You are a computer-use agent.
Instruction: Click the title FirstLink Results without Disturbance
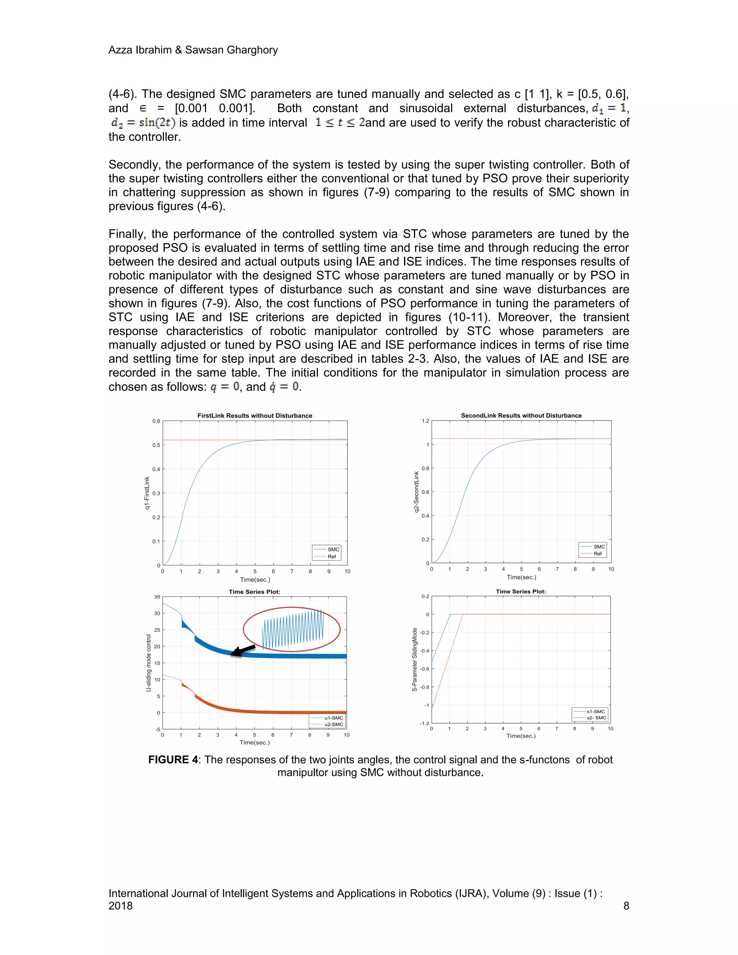tap(254, 416)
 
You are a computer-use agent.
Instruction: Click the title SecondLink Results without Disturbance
tap(521, 416)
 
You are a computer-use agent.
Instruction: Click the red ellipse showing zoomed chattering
tap(292, 629)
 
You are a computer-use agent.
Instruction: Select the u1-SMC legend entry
tap(333, 718)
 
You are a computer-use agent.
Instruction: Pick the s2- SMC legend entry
tap(596, 718)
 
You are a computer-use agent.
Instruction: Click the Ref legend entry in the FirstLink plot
tap(332, 557)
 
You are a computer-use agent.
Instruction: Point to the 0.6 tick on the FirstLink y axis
tap(156, 421)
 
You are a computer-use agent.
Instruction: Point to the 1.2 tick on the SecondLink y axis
tap(426, 421)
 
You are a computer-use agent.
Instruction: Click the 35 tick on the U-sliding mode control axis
tap(157, 597)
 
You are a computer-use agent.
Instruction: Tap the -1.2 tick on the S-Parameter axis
tap(424, 723)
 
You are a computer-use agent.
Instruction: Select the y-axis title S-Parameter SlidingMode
tap(414, 659)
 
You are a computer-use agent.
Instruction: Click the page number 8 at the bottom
tap(626, 906)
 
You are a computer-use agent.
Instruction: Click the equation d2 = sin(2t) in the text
tap(143, 123)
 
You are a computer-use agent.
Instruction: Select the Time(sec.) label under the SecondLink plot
tap(521, 577)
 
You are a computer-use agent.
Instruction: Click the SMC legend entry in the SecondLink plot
tap(599, 547)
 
